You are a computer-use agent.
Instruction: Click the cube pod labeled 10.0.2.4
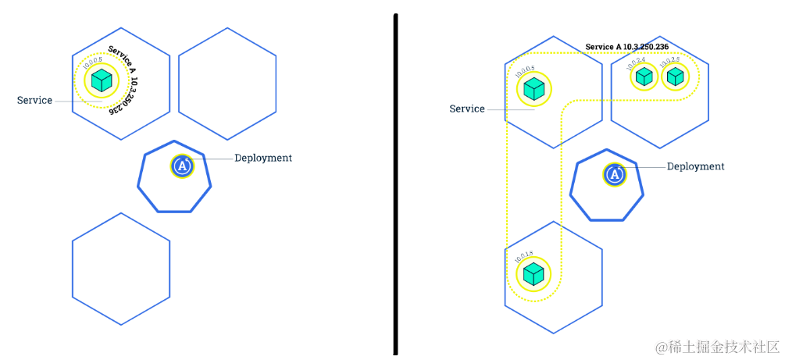click(644, 77)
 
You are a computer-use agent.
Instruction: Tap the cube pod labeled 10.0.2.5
click(676, 77)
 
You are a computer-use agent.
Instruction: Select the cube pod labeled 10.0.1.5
click(533, 274)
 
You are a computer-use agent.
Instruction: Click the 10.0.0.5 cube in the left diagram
click(101, 80)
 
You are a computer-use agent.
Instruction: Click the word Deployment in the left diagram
click(263, 158)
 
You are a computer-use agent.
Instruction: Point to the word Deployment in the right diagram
click(695, 166)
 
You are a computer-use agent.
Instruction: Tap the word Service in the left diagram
click(35, 100)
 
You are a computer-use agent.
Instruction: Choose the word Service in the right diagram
click(467, 109)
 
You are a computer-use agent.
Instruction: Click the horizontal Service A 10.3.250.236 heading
click(626, 47)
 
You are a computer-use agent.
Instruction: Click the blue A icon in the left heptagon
click(182, 166)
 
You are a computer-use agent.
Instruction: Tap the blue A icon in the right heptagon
click(615, 174)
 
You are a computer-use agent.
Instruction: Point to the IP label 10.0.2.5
click(669, 60)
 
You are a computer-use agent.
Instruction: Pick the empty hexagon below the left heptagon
click(121, 268)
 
